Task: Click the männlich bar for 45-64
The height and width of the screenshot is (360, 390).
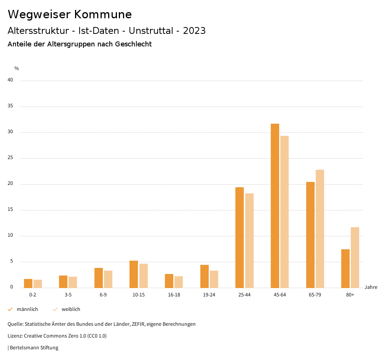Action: point(275,205)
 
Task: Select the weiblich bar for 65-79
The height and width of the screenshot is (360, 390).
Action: point(320,229)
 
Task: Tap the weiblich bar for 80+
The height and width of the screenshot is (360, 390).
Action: point(355,257)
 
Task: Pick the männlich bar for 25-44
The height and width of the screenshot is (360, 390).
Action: point(240,237)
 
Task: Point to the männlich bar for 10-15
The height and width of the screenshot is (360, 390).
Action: point(134,274)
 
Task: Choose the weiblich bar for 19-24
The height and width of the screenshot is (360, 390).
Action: point(214,279)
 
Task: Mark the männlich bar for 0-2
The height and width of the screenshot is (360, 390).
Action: point(28,283)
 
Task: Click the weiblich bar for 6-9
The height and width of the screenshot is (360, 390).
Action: point(108,279)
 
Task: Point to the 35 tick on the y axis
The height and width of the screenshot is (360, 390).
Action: point(10,106)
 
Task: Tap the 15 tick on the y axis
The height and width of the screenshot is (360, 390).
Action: point(10,210)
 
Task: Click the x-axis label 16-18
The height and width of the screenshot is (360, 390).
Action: point(174,295)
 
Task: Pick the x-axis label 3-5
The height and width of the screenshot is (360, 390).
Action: point(68,295)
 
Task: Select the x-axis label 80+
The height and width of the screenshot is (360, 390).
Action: point(350,295)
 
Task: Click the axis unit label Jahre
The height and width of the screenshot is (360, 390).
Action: point(371,287)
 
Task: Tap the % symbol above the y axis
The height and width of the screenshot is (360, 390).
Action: point(17,68)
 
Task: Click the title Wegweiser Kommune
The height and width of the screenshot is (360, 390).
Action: point(70,14)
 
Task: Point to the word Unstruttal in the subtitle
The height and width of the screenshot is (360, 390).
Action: point(151,31)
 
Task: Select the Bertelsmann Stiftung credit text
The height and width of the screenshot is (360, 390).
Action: point(34,348)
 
